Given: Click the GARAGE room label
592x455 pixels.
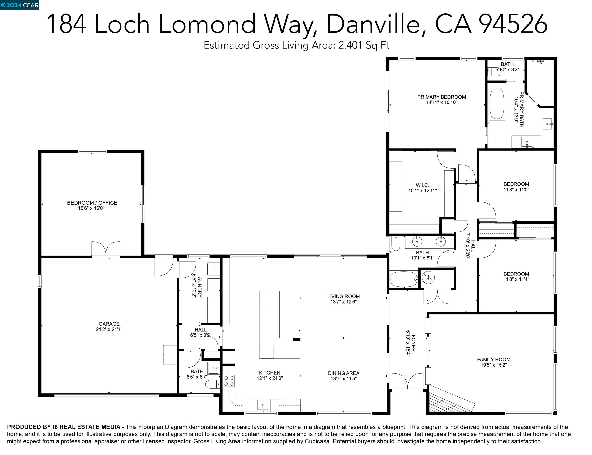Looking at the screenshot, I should tap(109, 324).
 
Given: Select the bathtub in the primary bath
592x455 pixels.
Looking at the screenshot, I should tap(497, 104).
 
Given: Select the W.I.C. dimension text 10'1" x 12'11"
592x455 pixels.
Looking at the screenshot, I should tap(422, 191).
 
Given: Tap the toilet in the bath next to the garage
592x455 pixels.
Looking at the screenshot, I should tap(213, 384).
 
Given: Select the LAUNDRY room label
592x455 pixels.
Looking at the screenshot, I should tap(200, 286).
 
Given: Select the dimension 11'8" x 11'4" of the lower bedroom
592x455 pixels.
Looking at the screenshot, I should tap(516, 279).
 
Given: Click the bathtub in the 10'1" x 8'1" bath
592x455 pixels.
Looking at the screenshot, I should tap(404, 279).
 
